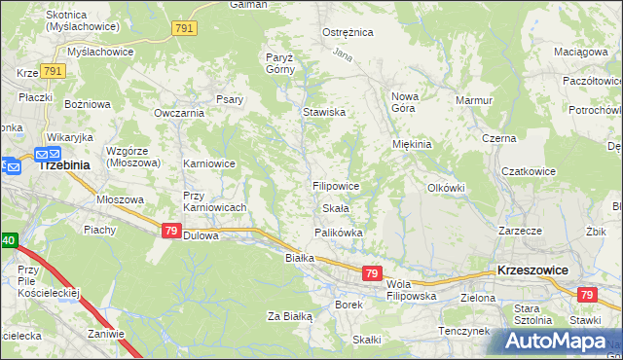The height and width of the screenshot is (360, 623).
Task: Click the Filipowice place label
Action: [x=337, y=185]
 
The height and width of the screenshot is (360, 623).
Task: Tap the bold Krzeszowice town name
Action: [x=532, y=270]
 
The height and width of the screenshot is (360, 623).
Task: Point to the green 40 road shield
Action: [x=8, y=239]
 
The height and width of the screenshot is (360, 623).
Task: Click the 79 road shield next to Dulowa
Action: [x=171, y=230]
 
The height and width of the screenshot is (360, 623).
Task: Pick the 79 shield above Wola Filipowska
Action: [x=372, y=274]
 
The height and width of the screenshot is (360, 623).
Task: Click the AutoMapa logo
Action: [x=560, y=341]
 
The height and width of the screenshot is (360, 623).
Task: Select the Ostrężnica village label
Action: [x=348, y=32]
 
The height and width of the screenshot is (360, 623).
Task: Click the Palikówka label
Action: [x=338, y=233]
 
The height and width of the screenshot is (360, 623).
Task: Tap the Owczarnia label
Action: [x=178, y=113]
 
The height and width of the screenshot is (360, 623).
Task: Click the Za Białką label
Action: [x=289, y=316]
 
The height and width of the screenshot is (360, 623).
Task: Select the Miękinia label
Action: [x=411, y=144]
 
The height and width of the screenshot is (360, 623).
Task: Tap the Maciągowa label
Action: [x=580, y=51]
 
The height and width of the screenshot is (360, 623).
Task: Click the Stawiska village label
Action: [x=324, y=113]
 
